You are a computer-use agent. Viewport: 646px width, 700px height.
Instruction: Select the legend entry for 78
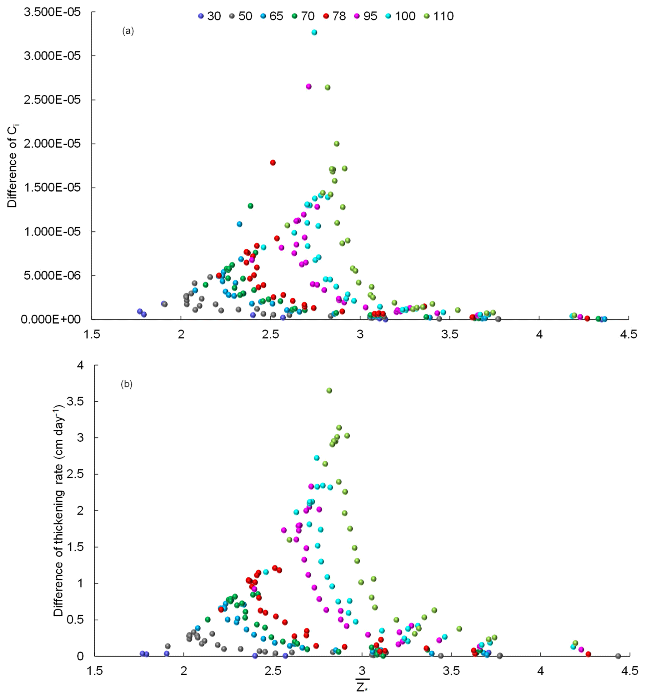coord(334,16)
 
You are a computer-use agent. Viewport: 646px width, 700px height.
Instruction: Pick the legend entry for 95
coord(366,16)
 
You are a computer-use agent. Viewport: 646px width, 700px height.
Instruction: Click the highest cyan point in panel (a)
coord(314,32)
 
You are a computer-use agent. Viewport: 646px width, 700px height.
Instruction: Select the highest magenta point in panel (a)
coord(309,86)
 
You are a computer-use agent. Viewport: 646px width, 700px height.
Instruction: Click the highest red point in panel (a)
coord(273,162)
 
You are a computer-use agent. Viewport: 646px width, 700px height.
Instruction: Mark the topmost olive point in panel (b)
coord(329,390)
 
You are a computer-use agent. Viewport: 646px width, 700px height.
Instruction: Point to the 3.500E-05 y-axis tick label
coord(52,12)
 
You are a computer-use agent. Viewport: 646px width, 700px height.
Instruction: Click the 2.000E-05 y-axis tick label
coord(52,144)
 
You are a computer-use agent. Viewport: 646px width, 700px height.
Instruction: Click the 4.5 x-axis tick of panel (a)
coord(628,334)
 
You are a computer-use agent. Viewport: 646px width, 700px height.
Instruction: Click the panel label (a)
coord(128,31)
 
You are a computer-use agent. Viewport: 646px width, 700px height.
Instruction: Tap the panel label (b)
coord(127,384)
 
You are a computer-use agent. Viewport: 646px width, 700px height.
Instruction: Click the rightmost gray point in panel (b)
coord(618,656)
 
